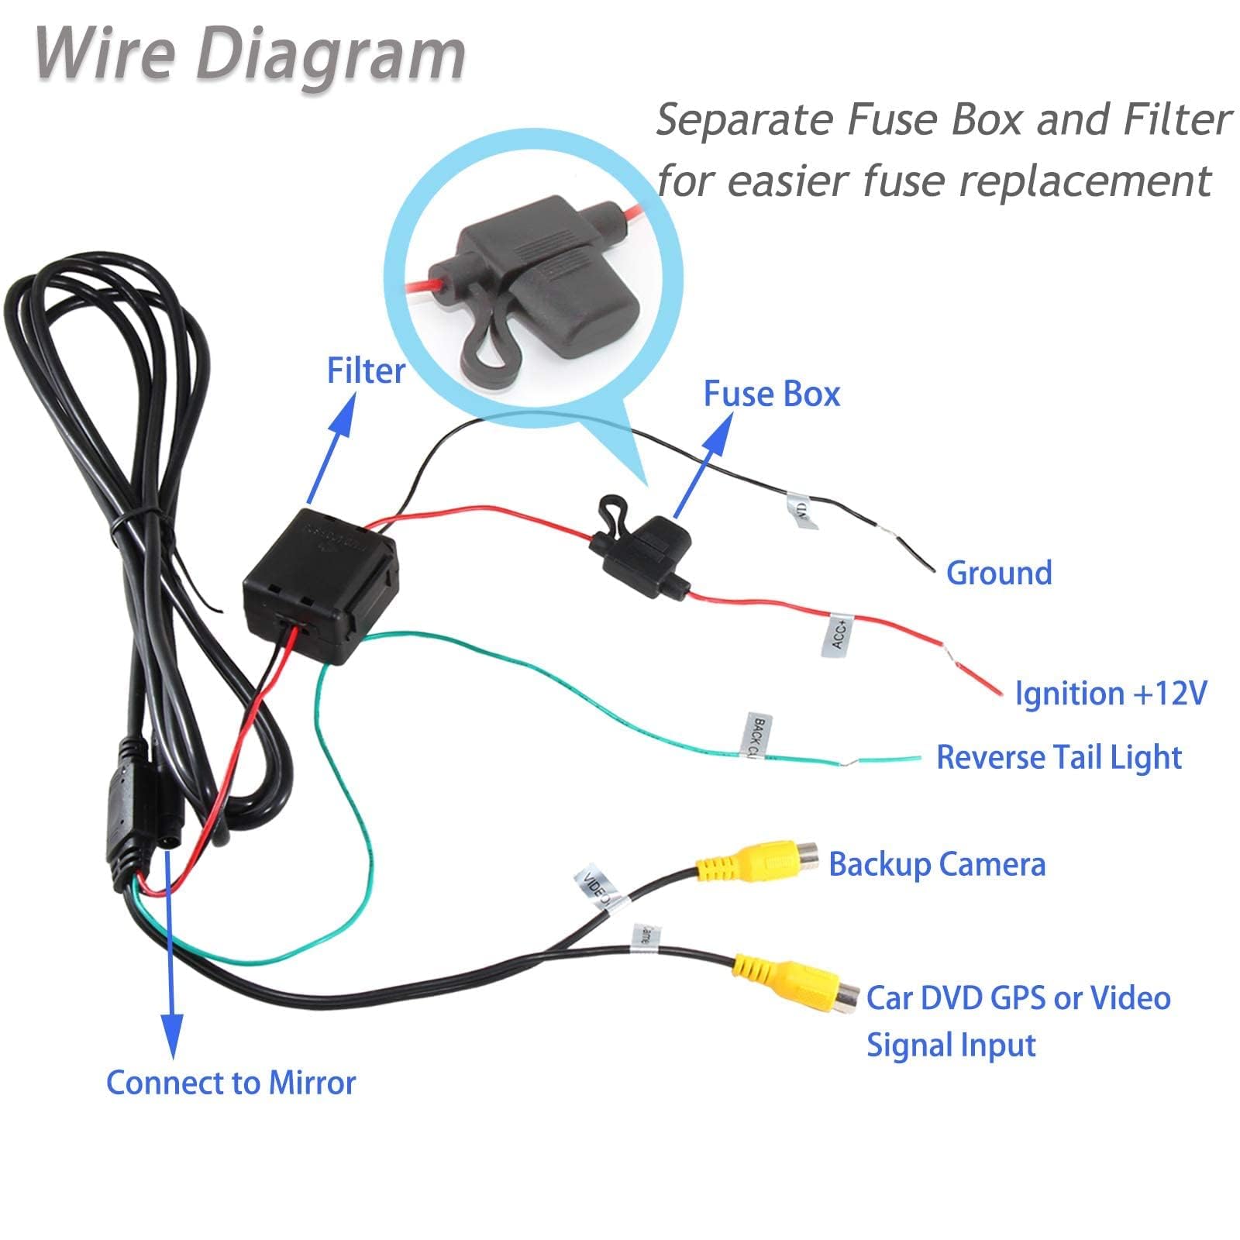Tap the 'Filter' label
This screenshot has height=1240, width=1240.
point(365,370)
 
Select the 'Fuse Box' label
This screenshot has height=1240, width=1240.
point(771,394)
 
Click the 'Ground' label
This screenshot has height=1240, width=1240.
point(999,573)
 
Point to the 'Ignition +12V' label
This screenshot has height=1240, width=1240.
point(1111,693)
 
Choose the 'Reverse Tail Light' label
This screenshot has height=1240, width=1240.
point(1059,757)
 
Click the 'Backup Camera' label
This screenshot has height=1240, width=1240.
point(937,863)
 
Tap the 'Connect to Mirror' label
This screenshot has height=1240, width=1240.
point(231,1082)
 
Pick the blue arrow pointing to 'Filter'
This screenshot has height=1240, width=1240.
point(331,449)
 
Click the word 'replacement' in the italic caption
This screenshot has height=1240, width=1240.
point(1084,180)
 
